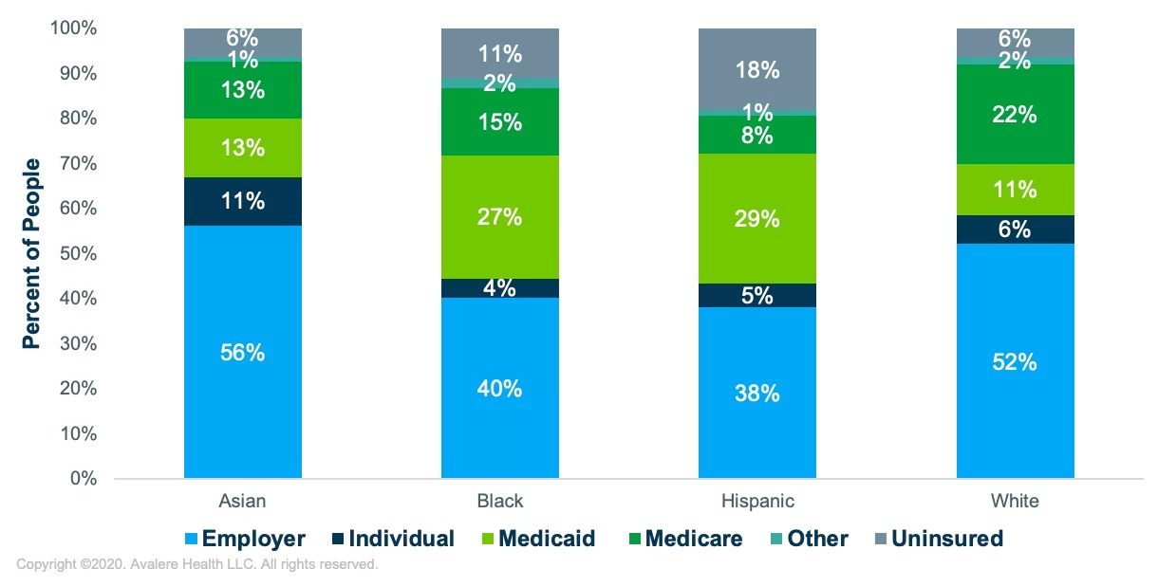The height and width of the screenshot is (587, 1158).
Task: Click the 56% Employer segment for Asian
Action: tap(243, 352)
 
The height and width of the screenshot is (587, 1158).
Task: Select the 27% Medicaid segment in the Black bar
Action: tap(499, 217)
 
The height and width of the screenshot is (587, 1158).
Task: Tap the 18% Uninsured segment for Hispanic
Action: tap(756, 70)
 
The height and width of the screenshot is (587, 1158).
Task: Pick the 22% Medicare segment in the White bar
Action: tap(1015, 115)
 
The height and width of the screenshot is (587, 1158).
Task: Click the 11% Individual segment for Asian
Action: tap(243, 201)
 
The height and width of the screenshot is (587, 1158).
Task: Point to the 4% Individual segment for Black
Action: tap(499, 288)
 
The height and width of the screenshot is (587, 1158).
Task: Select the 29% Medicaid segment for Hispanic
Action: tap(756, 219)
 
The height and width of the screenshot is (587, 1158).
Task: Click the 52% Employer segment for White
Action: tap(1015, 361)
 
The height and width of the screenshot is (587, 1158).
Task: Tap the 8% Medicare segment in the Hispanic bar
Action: tap(756, 135)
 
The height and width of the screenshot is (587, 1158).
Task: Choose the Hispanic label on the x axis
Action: tap(756, 501)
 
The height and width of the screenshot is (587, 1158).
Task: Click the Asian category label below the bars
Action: tap(243, 501)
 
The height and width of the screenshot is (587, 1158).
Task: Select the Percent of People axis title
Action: tap(31, 253)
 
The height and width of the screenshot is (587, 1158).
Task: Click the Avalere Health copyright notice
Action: tap(197, 565)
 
